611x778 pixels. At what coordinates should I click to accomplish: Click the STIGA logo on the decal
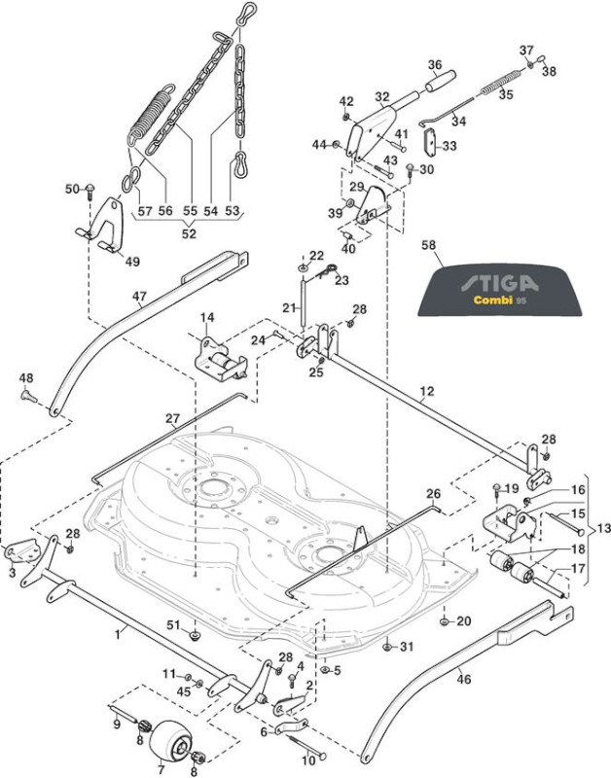[x=499, y=283]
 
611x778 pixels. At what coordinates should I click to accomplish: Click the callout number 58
[x=428, y=245]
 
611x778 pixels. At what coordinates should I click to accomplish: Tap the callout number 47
[x=139, y=297]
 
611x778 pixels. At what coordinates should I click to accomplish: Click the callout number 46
[x=463, y=678]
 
